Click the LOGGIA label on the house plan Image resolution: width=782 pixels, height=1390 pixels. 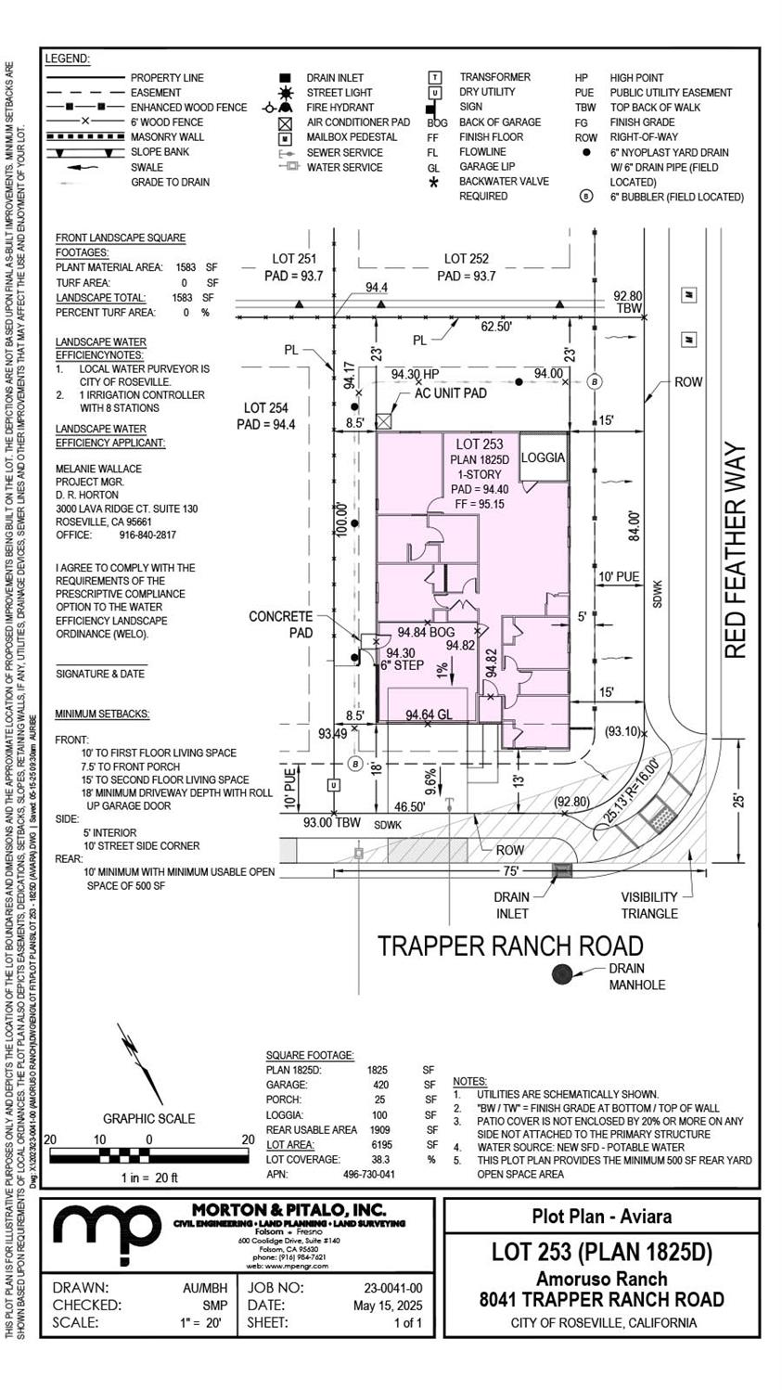pyautogui.click(x=543, y=458)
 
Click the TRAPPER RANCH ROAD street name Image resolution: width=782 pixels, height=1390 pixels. pyautogui.click(x=509, y=946)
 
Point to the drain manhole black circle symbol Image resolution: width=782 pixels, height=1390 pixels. pyautogui.click(x=561, y=973)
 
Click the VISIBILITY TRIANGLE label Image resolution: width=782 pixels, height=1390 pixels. pyautogui.click(x=675, y=906)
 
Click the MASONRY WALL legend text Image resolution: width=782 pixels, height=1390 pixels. pyautogui.click(x=167, y=137)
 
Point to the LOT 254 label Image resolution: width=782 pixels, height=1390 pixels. pyautogui.click(x=266, y=407)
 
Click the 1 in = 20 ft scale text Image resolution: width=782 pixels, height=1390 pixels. pyautogui.click(x=148, y=1178)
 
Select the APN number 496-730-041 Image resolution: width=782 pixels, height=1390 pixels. pyautogui.click(x=368, y=1174)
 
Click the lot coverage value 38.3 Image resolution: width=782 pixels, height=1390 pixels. pyautogui.click(x=378, y=1159)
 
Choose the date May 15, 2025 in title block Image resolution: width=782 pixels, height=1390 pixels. pyautogui.click(x=389, y=1306)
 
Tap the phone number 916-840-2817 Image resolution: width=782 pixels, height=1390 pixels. pyautogui.click(x=141, y=535)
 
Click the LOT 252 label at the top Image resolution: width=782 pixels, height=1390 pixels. pyautogui.click(x=466, y=259)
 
